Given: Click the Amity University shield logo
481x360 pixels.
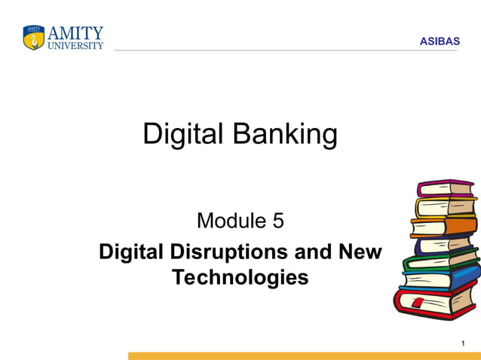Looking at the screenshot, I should [x=34, y=38].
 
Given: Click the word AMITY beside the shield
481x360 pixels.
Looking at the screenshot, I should [x=76, y=33].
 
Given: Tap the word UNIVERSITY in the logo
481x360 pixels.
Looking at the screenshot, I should [x=76, y=45].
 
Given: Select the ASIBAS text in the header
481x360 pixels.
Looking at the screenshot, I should [x=440, y=41].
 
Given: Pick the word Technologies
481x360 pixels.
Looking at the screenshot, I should [x=240, y=277].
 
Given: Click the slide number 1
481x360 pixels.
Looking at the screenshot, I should [x=462, y=344].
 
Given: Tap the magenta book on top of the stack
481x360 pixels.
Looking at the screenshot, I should [x=445, y=188].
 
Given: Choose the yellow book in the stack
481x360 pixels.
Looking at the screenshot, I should [x=445, y=206].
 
